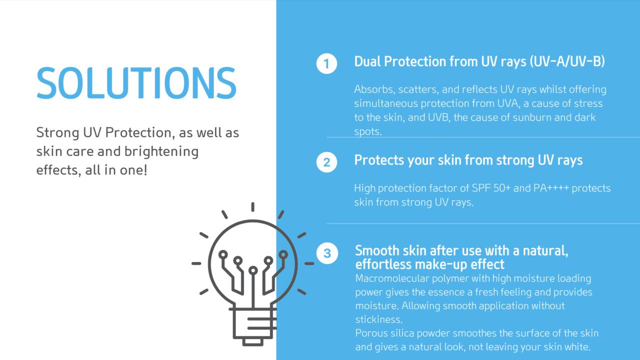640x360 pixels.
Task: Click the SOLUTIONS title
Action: pyautogui.click(x=136, y=83)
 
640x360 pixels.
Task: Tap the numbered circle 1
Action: pyautogui.click(x=326, y=63)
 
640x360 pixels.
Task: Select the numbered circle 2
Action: pyautogui.click(x=326, y=162)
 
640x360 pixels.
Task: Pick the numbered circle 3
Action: pyautogui.click(x=327, y=253)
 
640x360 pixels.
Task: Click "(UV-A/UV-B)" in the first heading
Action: pyautogui.click(x=567, y=61)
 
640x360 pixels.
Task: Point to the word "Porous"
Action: pyautogui.click(x=371, y=333)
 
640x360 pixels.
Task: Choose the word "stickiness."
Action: pyautogui.click(x=379, y=319)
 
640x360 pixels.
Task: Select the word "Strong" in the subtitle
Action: pyautogui.click(x=57, y=132)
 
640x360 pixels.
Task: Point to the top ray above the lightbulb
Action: pyautogui.click(x=253, y=207)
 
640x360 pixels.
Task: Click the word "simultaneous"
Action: pyautogui.click(x=386, y=103)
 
